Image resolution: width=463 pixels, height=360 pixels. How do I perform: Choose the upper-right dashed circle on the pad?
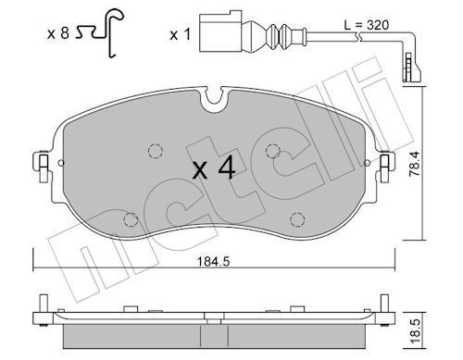[271, 151]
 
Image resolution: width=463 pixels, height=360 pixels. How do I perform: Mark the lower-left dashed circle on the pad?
[130, 219]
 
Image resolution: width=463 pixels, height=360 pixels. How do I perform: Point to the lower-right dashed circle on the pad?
[296, 219]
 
